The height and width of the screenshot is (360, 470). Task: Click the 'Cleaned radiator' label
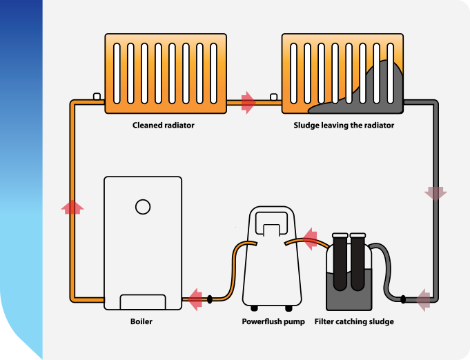click(x=164, y=126)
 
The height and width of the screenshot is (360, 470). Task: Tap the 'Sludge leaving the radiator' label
click(x=344, y=126)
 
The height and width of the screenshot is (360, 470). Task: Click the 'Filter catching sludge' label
click(x=354, y=321)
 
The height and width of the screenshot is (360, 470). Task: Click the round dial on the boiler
click(x=143, y=206)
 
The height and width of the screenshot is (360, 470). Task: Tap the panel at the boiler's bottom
click(x=143, y=302)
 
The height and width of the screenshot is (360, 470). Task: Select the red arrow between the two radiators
click(x=248, y=103)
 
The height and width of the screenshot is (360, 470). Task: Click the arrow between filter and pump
click(x=310, y=239)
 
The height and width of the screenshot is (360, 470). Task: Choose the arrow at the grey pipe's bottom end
click(x=422, y=299)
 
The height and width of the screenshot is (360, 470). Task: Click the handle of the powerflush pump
click(x=271, y=221)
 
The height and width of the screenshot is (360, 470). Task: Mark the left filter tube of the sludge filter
click(x=340, y=262)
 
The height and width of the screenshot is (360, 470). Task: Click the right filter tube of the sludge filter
click(x=357, y=262)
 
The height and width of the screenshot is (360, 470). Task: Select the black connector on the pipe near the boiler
click(x=210, y=299)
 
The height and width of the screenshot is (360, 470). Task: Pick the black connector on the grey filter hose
click(x=403, y=299)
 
